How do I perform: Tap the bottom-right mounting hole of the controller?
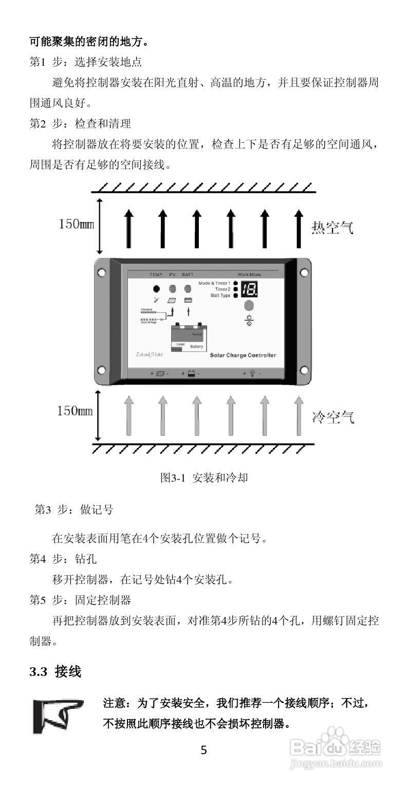pos(304,370)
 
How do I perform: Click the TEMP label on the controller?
pos(156,275)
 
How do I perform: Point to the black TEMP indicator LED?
pos(156,289)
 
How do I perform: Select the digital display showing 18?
pos(250,289)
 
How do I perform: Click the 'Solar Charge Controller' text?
pos(243,355)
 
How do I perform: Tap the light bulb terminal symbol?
pos(252,374)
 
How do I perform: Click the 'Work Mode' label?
pos(249,275)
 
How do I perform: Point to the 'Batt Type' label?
pos(220,296)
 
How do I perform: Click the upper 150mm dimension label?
pos(77,225)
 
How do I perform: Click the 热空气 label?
pos(332,227)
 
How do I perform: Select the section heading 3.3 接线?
pos(55,672)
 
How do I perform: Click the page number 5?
pos(203,751)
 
